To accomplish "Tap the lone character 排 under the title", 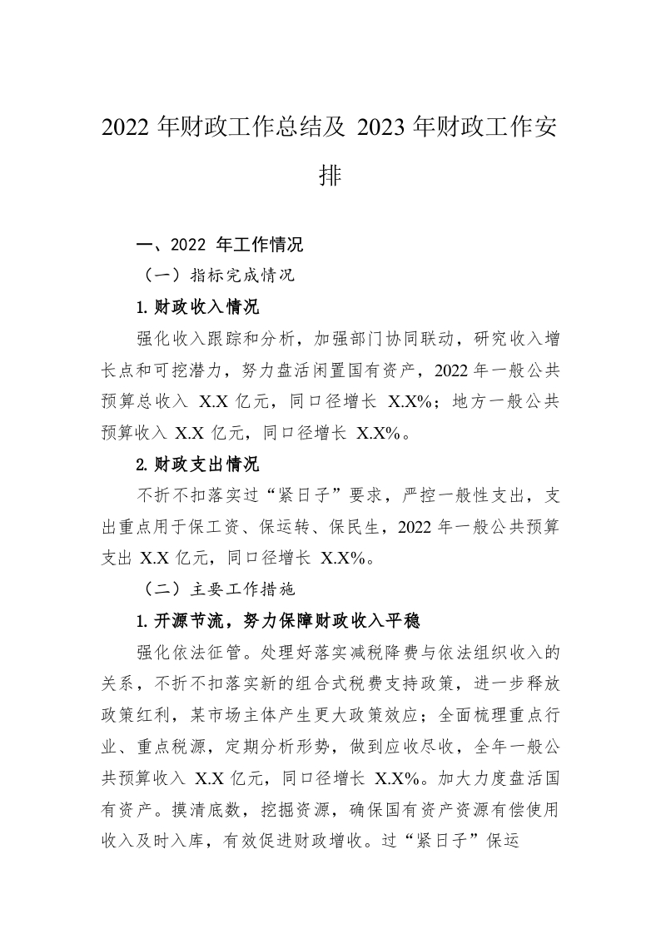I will click(330, 176).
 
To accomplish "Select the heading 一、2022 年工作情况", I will click(219, 246).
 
